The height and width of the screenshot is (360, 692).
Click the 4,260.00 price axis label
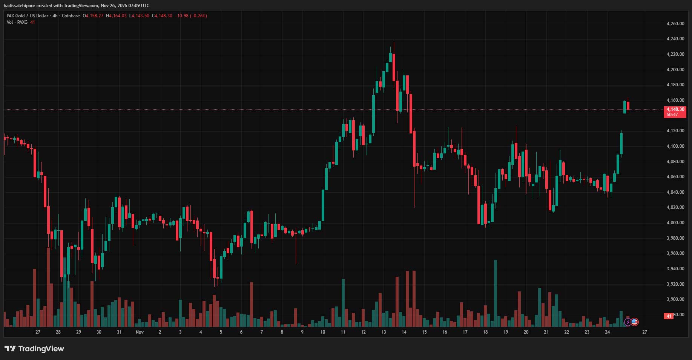pyautogui.click(x=675, y=24)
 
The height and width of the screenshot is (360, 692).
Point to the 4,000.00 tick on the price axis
pyautogui.click(x=675, y=223)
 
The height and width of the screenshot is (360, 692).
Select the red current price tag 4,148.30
pyautogui.click(x=675, y=109)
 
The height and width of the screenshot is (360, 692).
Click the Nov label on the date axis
pyautogui.click(x=140, y=332)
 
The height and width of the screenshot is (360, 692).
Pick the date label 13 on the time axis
pyautogui.click(x=384, y=332)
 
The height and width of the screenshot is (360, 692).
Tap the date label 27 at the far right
pyautogui.click(x=644, y=332)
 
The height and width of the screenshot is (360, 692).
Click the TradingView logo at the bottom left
pyautogui.click(x=34, y=349)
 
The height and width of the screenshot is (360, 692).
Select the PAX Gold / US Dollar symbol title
pyautogui.click(x=28, y=16)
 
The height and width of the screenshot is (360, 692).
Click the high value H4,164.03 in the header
pyautogui.click(x=116, y=16)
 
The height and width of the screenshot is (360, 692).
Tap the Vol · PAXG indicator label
pyautogui.click(x=17, y=22)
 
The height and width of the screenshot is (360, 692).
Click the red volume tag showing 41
pyautogui.click(x=669, y=316)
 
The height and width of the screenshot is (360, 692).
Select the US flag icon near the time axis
pyautogui.click(x=635, y=322)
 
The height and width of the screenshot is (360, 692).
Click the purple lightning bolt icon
pyautogui.click(x=628, y=322)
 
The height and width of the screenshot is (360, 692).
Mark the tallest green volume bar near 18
pyautogui.click(x=496, y=293)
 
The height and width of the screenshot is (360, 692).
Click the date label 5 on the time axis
pyautogui.click(x=221, y=332)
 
